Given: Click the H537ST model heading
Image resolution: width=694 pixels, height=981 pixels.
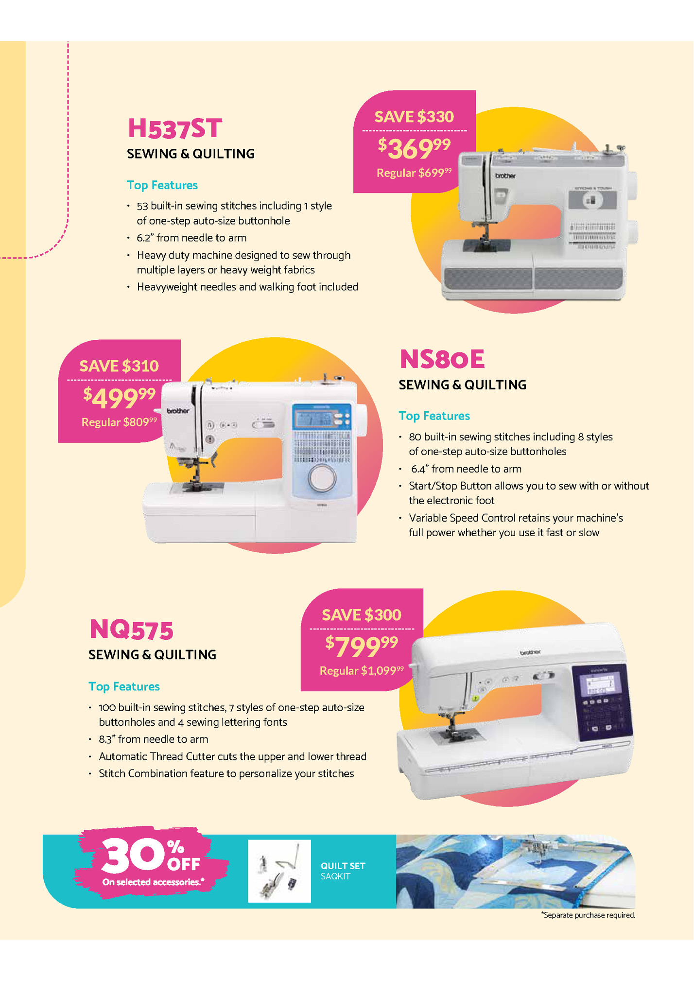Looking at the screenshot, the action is pos(175,128).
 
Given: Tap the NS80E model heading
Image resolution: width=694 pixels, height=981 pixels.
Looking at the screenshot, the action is pos(442,359).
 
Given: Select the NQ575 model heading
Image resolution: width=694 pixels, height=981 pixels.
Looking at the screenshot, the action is pos(131,630).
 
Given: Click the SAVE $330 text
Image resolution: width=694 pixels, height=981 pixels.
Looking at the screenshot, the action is pos(414,117).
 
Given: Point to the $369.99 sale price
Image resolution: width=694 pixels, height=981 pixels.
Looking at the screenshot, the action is pos(415,148).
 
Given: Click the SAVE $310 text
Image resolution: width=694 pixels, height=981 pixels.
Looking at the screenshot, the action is pos(119,366).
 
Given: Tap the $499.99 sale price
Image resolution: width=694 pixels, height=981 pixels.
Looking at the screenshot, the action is pos(120,397).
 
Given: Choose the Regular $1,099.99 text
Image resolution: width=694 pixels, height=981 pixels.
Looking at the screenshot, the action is pos(362,671).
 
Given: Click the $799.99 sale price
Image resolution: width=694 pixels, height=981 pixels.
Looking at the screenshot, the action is pos(362,646).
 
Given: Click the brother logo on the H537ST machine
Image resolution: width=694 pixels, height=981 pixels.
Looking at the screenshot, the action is pos(505,175).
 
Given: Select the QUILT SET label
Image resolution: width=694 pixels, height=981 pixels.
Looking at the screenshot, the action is pos(343,866).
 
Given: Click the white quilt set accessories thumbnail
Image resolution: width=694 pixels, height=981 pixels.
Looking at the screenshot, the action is pos(279,871).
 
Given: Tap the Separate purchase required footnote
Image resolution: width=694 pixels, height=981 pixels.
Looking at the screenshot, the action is pos(588,915).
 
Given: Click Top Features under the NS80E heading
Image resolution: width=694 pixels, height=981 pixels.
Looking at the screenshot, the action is pos(434,416).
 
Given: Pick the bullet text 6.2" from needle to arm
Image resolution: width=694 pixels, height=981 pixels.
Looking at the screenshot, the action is pos(191,238).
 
